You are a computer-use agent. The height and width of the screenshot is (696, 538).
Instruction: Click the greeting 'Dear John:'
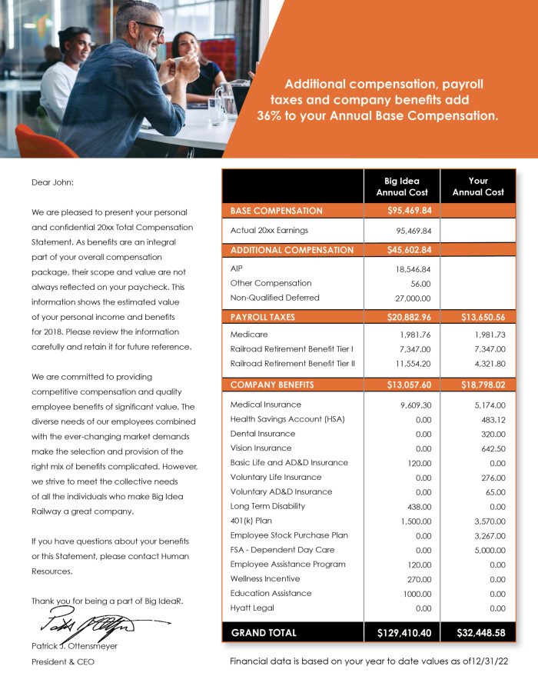(52, 182)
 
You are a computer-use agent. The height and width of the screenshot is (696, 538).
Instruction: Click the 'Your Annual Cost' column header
(477, 187)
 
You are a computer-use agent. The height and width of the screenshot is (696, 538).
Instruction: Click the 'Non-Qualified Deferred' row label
(274, 298)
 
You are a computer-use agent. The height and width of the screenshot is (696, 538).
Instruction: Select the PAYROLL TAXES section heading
(263, 317)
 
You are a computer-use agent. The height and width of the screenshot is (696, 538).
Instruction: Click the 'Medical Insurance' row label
(266, 405)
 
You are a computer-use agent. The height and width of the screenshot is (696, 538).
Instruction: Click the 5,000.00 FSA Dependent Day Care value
(489, 550)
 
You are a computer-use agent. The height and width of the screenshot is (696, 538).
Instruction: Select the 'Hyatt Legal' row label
(252, 608)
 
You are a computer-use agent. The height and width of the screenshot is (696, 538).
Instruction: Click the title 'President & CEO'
(63, 661)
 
